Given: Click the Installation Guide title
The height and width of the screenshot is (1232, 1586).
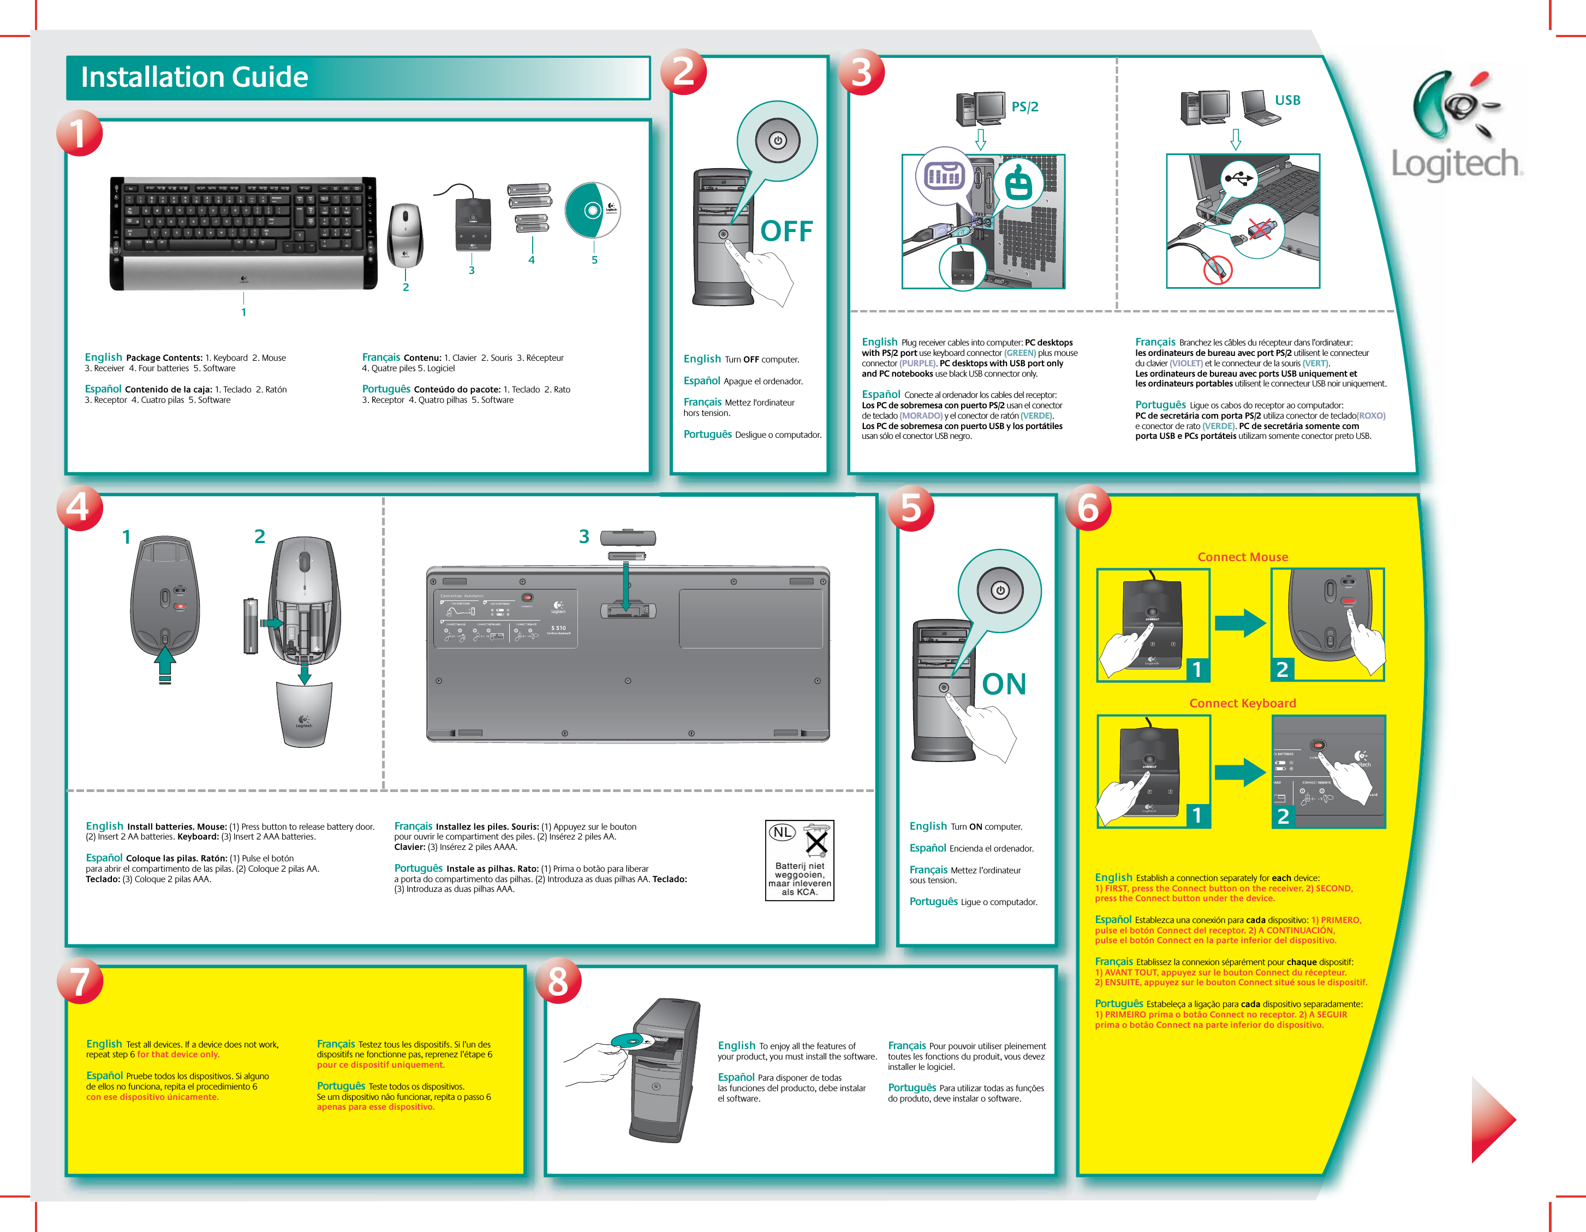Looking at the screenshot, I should (195, 77).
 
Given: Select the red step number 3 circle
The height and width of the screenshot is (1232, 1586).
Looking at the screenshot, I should (861, 72).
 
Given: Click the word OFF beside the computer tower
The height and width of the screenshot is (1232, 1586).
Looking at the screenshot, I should (786, 232).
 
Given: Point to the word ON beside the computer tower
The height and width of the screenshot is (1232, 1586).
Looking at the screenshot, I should (1004, 685).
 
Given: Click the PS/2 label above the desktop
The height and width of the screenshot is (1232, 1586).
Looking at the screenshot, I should (1024, 107).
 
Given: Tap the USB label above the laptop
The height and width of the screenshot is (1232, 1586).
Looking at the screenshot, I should (1287, 100).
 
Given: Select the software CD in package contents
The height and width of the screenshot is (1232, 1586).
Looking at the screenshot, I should (593, 210).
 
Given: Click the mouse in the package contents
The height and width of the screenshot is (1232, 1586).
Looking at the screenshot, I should (405, 235).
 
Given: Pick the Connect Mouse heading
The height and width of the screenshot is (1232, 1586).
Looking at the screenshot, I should (1243, 557).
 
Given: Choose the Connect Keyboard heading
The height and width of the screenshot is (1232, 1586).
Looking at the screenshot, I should (1243, 703).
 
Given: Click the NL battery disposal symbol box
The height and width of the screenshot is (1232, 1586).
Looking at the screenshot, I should (800, 860).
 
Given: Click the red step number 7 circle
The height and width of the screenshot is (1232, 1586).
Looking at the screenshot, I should (80, 981).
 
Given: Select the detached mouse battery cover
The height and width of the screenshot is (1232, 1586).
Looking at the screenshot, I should (305, 715).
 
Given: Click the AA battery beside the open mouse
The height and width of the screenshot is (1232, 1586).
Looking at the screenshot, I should (251, 626).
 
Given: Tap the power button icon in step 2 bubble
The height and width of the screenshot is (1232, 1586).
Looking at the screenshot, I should (778, 140).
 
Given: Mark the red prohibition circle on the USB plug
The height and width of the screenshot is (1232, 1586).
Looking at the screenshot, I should (1218, 270).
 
